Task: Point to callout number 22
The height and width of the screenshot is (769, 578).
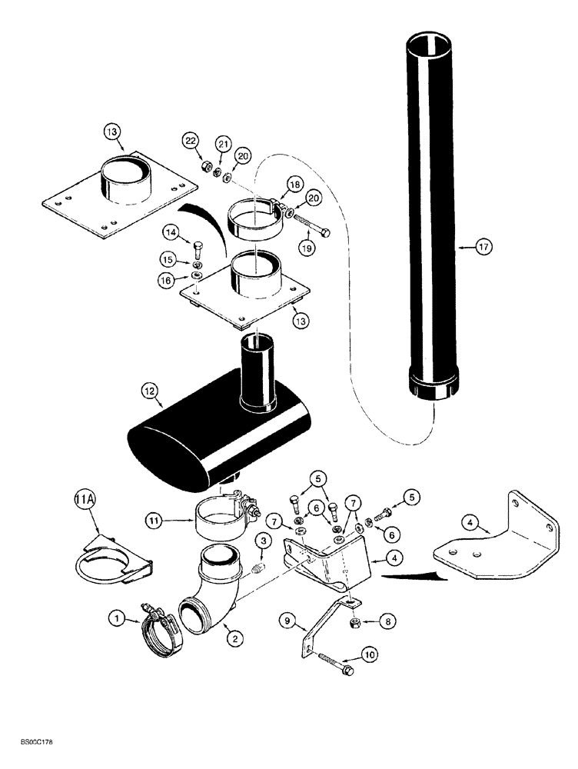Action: coord(191,140)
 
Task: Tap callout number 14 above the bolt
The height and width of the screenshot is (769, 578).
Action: coord(171,231)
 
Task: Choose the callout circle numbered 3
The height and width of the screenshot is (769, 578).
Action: coord(264,542)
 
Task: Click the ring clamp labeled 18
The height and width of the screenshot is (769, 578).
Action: coord(255,213)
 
